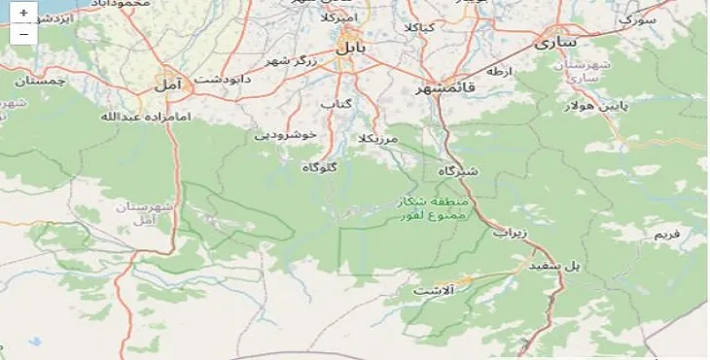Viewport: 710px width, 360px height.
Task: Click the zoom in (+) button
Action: coord(22,14)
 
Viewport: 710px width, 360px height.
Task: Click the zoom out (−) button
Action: coord(22,34)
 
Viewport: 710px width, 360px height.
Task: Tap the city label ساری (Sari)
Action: coord(557,43)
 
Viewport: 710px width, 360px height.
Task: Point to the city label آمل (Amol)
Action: coord(167,86)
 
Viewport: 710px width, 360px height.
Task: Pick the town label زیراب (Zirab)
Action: coord(509,234)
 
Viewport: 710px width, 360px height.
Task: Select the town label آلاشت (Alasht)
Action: coord(433,290)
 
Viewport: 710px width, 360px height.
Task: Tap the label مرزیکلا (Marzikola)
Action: coord(378,139)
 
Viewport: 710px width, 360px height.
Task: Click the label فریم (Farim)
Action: coord(667,234)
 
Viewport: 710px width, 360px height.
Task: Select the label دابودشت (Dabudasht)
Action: coord(224,78)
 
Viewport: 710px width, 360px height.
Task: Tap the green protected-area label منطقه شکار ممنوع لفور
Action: coord(434,207)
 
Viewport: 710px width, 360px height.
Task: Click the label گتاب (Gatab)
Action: coord(336,102)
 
